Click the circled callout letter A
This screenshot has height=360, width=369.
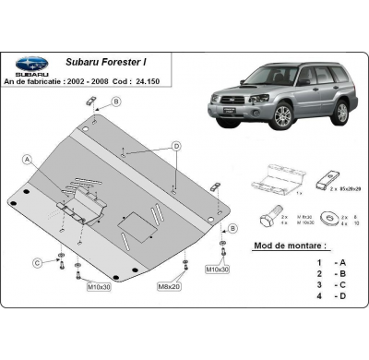click(x=29, y=158)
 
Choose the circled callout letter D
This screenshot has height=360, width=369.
click(x=174, y=146)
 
